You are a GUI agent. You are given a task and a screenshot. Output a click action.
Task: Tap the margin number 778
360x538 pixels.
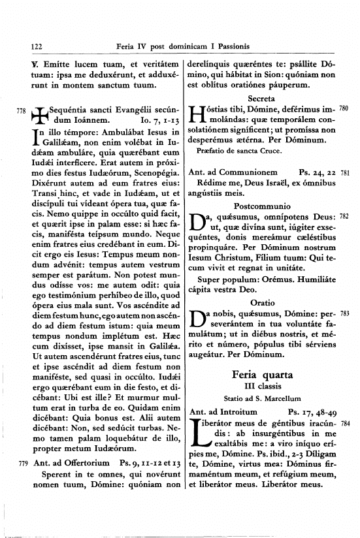click(x=22, y=111)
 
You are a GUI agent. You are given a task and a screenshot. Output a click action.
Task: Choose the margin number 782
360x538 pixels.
click(x=345, y=216)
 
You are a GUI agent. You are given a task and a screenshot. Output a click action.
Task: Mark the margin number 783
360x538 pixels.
click(x=345, y=313)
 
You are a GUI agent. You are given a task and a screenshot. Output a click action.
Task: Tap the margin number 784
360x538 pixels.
click(x=345, y=423)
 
